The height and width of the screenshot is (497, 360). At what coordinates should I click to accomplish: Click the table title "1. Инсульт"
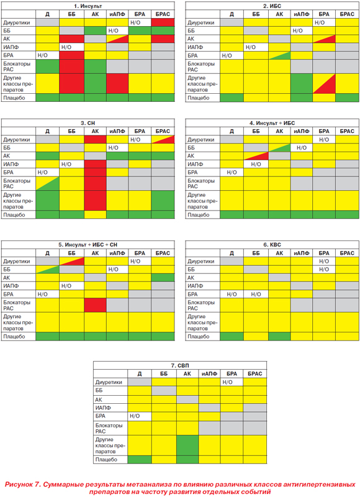[x=88, y=6]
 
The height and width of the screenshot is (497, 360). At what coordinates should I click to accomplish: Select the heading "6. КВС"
[x=272, y=245]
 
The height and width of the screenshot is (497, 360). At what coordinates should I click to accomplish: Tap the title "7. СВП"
[x=180, y=365]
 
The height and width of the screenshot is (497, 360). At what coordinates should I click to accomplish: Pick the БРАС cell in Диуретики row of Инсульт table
[x=163, y=22]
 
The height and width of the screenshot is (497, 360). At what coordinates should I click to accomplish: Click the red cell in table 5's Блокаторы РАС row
[x=95, y=305]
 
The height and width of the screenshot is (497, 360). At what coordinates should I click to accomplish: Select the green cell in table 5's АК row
[x=163, y=278]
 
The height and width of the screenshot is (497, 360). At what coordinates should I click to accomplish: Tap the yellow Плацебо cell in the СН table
[x=95, y=215]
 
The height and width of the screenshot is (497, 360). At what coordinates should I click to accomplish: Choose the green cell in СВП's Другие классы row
[x=187, y=445]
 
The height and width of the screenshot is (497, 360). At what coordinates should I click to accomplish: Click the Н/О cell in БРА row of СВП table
[x=140, y=416]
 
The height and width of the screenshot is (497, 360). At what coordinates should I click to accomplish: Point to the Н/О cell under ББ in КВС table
[x=256, y=294]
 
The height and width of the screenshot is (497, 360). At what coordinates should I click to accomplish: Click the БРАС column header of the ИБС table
[x=347, y=14]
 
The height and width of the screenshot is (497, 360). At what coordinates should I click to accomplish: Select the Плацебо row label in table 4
[x=199, y=215]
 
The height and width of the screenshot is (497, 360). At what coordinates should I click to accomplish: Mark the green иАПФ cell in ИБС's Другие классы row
[x=302, y=84]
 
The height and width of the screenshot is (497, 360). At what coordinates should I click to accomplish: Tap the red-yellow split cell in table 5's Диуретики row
[x=71, y=261]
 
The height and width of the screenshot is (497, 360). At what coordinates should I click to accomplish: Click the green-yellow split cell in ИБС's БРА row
[x=279, y=55]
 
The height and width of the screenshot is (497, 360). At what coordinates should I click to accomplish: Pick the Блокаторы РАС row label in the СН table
[x=17, y=183]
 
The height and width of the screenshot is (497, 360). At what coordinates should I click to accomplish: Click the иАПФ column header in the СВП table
[x=209, y=374]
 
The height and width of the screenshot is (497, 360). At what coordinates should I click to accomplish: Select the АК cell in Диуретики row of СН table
[x=95, y=139]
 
